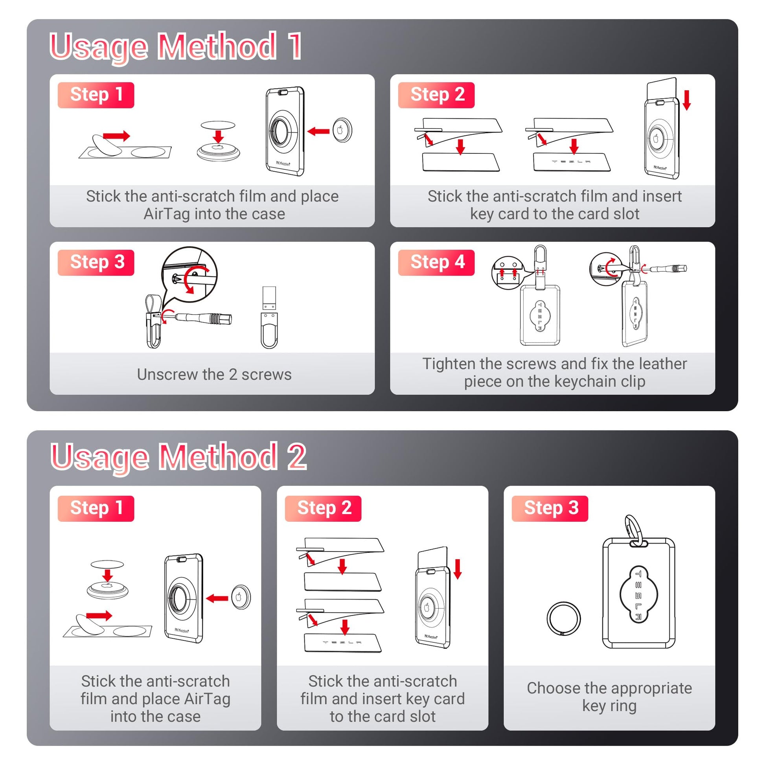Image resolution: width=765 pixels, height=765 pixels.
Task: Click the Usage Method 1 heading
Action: (x=176, y=47)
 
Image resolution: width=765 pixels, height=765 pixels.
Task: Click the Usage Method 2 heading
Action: (x=178, y=457)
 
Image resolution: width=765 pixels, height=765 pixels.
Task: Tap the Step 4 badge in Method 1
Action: (x=436, y=263)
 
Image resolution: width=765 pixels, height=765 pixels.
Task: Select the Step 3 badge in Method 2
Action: (x=550, y=508)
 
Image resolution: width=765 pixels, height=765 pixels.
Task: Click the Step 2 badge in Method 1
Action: (x=436, y=95)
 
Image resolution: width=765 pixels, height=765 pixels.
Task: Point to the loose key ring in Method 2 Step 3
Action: (x=563, y=618)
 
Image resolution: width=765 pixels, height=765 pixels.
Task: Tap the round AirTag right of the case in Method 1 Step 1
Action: (x=342, y=130)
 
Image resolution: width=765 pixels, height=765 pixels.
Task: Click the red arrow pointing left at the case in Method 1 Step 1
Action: (x=318, y=131)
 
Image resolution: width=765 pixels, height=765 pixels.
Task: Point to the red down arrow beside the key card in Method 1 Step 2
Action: (x=687, y=100)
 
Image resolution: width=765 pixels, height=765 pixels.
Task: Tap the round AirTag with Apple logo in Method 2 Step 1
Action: (x=241, y=597)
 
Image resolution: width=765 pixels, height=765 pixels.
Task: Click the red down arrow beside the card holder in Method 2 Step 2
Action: (x=458, y=569)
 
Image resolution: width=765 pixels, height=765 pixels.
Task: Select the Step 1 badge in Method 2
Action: (x=96, y=508)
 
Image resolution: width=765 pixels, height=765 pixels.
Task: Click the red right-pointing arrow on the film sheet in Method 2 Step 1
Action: (x=99, y=615)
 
